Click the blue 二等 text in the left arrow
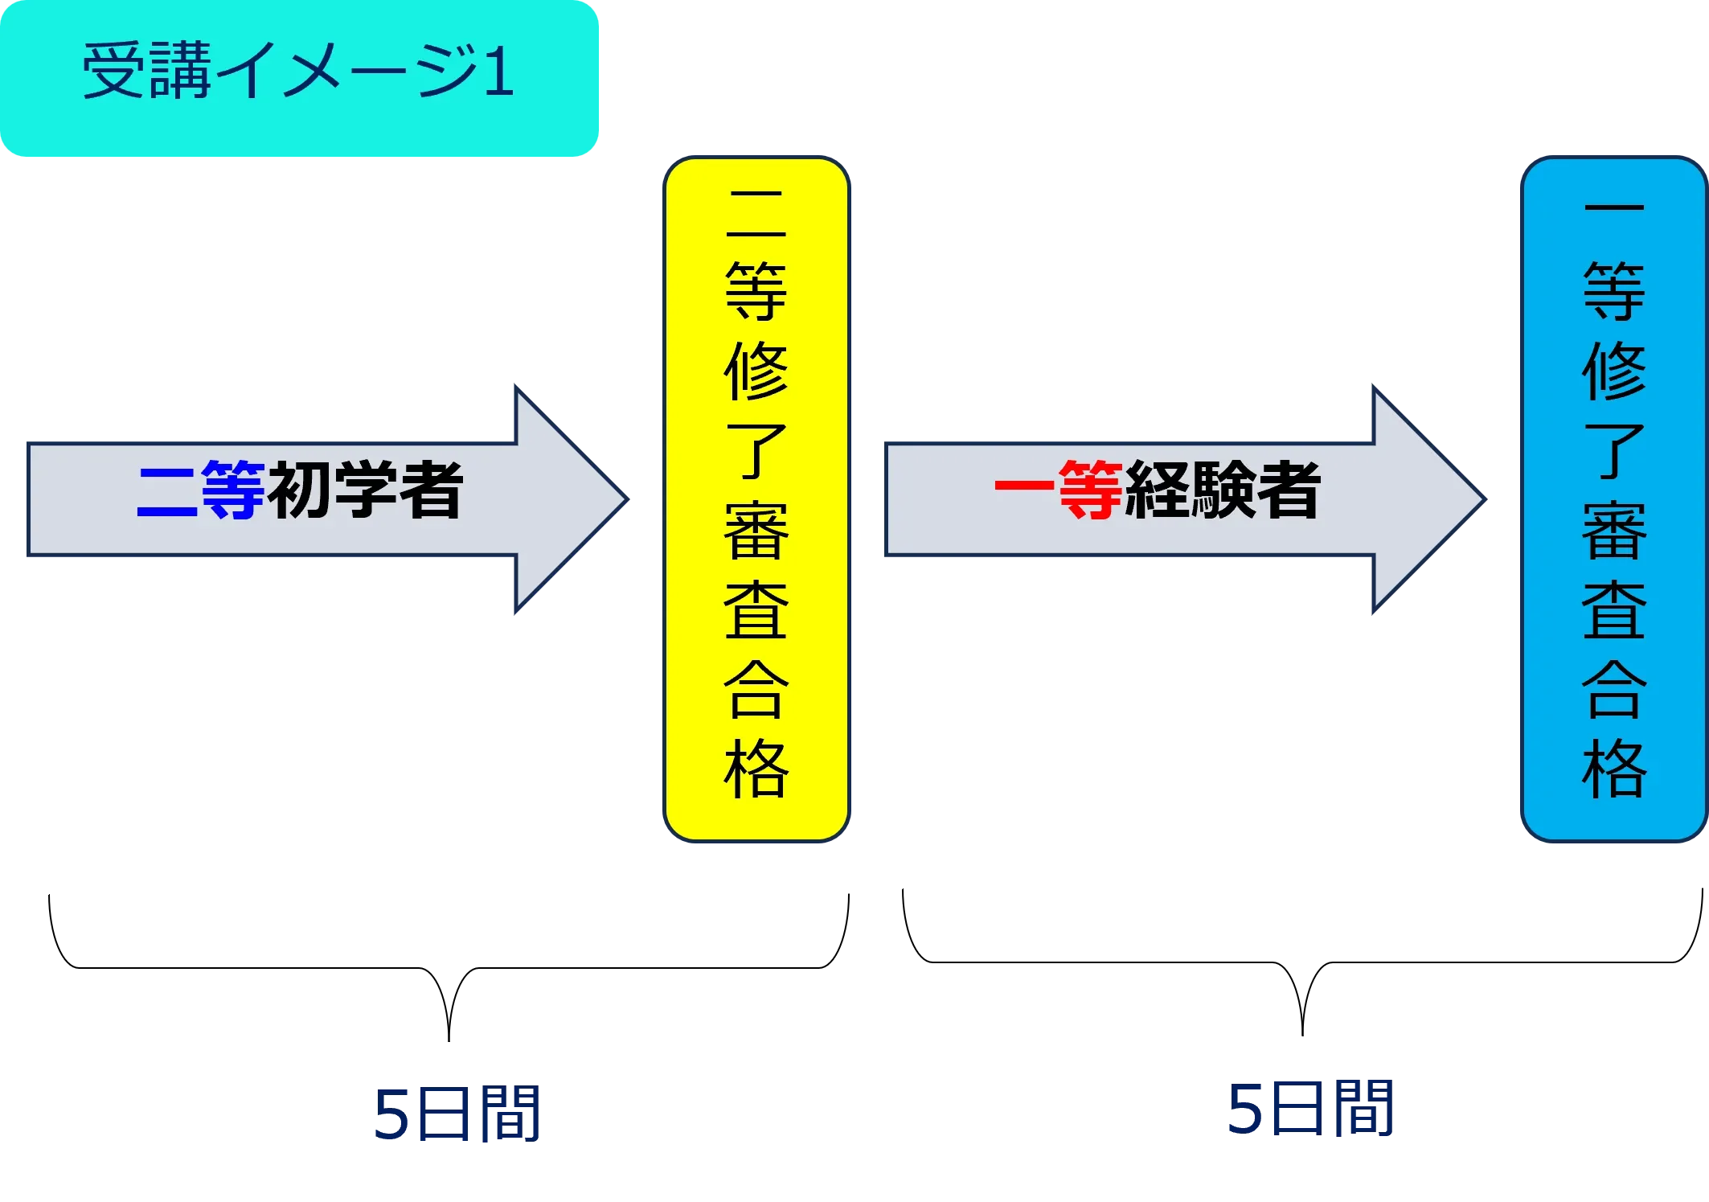click(x=201, y=490)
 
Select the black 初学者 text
click(x=366, y=490)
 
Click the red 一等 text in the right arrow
click(x=1059, y=490)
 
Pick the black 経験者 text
click(x=1223, y=490)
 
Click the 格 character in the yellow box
click(x=756, y=769)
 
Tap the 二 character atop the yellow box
click(x=756, y=213)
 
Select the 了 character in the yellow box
click(x=756, y=451)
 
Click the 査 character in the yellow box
click(x=756, y=610)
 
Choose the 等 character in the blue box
click(x=1613, y=291)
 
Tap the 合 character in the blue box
click(x=1613, y=690)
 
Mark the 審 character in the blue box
click(x=1613, y=531)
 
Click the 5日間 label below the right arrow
click(x=1311, y=1110)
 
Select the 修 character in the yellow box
click(x=756, y=371)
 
